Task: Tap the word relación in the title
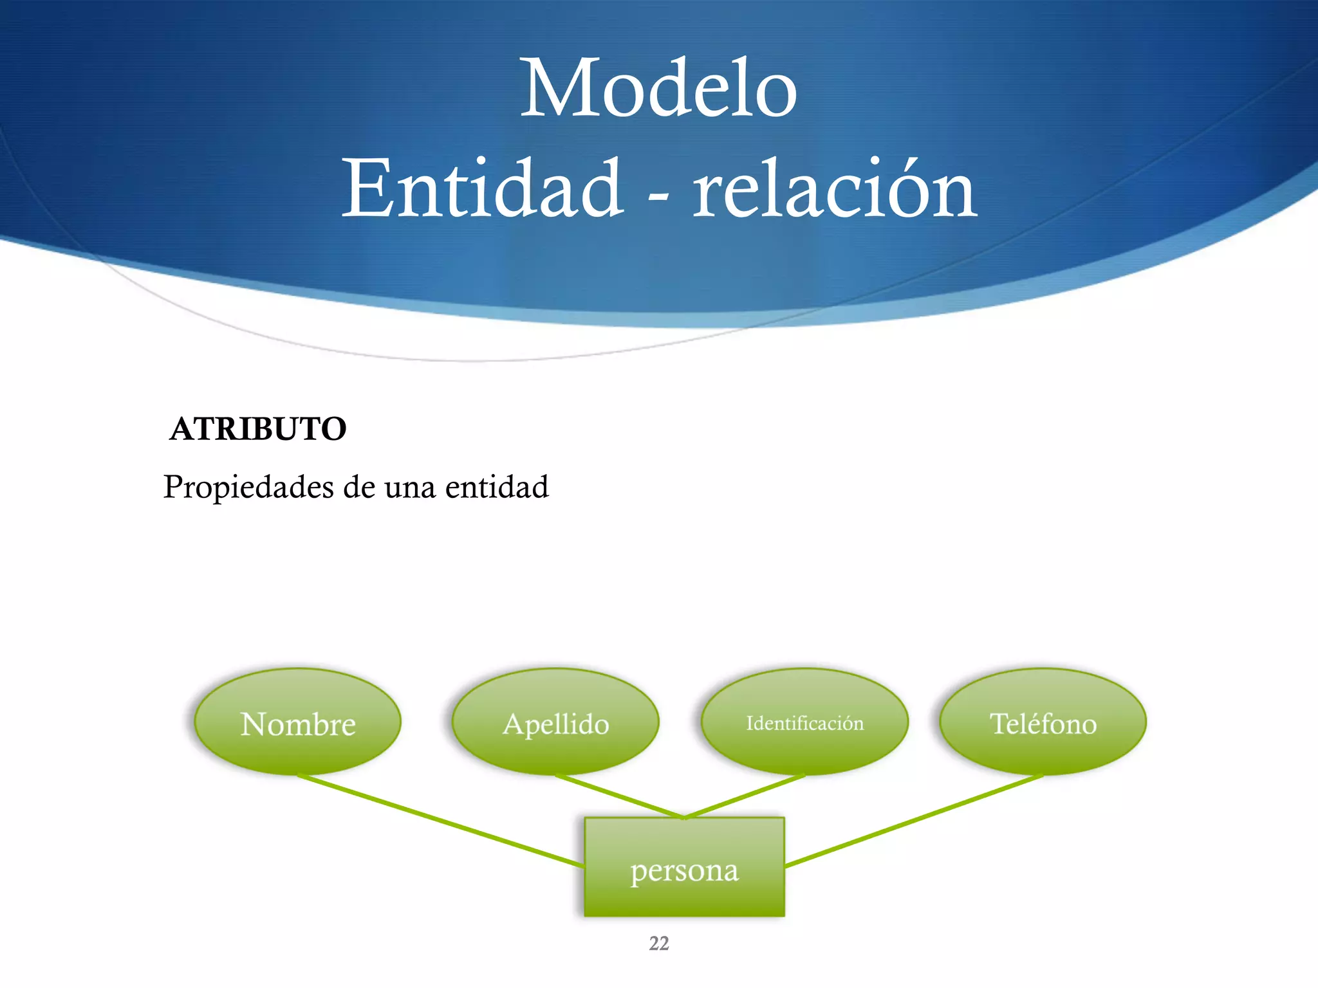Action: click(x=835, y=189)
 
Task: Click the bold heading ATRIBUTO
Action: click(x=258, y=429)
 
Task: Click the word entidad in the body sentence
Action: click(x=497, y=487)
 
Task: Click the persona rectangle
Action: click(x=684, y=868)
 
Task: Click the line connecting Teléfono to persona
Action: click(x=914, y=820)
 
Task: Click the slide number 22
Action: click(x=659, y=944)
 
